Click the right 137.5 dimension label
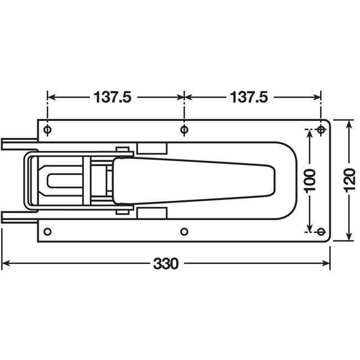(249, 97)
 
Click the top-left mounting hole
(47, 130)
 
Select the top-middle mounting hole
(184, 130)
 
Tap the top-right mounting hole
(321, 130)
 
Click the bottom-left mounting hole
(47, 231)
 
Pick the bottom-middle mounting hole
(184, 231)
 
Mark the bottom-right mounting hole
(321, 231)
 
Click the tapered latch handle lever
(197, 180)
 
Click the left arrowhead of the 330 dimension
(4, 263)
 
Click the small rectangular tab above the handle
(152, 147)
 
